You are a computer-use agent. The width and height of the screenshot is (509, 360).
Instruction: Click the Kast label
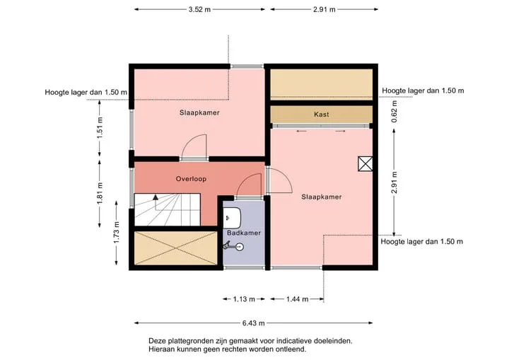point(322,115)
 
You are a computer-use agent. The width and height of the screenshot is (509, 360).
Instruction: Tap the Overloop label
point(191,179)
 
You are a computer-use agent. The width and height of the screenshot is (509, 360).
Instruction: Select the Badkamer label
point(244,233)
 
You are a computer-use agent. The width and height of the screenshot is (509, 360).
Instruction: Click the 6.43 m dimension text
point(253,323)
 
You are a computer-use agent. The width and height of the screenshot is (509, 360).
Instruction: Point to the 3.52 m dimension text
point(199,9)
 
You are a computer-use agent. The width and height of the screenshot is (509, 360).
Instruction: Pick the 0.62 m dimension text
point(394,112)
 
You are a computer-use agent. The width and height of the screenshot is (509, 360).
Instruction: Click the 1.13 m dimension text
point(244,299)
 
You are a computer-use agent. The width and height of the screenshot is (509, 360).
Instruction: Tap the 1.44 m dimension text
point(298,299)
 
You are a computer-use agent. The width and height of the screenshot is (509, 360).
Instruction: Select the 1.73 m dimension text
point(117,232)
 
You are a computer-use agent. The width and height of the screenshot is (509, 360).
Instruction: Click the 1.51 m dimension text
point(100,128)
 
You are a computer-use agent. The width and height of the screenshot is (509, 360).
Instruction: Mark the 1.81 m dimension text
point(100,193)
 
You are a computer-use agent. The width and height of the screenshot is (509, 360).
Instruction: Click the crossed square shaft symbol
point(365,164)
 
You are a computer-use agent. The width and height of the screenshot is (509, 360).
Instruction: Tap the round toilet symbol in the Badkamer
point(239,247)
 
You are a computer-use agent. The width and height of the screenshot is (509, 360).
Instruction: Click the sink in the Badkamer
point(232,218)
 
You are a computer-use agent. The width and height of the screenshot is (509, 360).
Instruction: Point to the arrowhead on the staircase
point(156,197)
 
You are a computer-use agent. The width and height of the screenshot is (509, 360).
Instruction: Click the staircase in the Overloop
point(167,209)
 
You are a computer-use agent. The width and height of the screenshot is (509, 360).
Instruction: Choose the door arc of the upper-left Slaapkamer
point(188,140)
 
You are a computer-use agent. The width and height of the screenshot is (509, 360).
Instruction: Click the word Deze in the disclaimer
point(156,341)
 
